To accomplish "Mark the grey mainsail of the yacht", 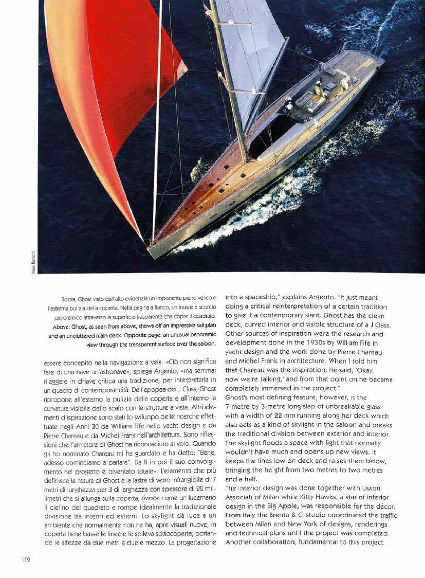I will coord(252,51).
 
